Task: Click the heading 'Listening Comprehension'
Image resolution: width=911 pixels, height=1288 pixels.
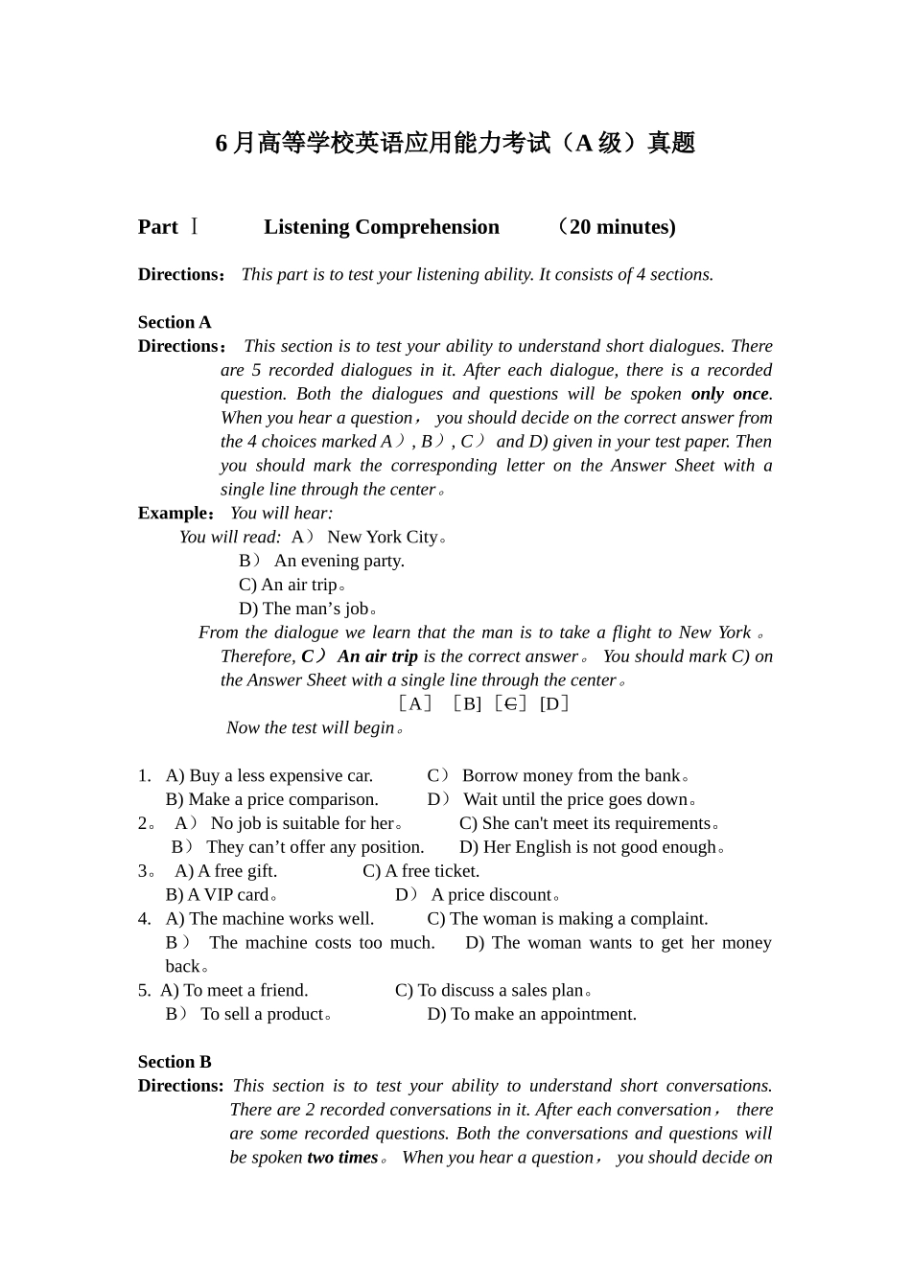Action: (x=382, y=227)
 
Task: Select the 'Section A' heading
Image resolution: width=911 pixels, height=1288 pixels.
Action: (x=175, y=322)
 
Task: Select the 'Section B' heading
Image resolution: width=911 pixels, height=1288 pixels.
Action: (x=175, y=1062)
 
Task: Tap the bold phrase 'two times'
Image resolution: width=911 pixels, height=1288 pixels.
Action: (x=342, y=1158)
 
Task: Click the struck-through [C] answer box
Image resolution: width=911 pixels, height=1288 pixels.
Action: (x=511, y=704)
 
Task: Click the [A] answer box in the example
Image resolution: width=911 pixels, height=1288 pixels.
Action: (x=414, y=704)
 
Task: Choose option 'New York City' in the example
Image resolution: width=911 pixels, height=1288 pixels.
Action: (x=383, y=537)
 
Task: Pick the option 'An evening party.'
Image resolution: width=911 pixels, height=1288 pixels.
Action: (x=339, y=561)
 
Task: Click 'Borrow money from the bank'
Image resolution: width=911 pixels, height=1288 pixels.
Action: (x=572, y=776)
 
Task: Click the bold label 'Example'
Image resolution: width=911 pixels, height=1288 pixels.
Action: (x=174, y=514)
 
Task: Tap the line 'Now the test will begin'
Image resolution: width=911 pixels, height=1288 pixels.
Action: (x=311, y=728)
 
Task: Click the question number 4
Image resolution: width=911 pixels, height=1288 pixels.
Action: (x=144, y=919)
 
